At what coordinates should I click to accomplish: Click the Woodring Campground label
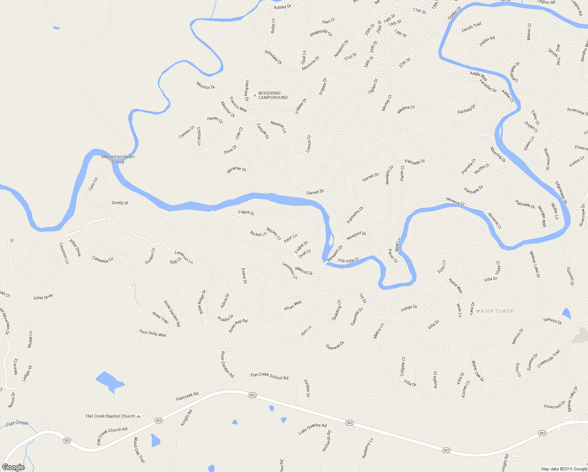pos(273,96)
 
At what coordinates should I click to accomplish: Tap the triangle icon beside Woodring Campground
pos(255,95)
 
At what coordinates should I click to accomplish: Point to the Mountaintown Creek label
pos(118,159)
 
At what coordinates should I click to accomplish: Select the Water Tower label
pos(494,311)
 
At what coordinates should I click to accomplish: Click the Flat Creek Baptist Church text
pos(110,416)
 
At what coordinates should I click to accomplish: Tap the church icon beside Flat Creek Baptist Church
pos(138,416)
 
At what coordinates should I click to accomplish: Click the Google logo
pos(13,467)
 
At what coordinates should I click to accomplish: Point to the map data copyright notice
pos(564,469)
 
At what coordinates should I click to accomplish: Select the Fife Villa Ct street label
pos(348,260)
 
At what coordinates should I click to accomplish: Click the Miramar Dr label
pos(237,170)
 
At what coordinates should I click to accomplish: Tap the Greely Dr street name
pos(120,203)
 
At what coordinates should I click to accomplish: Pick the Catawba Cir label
pos(103,259)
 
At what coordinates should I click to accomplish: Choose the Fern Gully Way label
pos(153,333)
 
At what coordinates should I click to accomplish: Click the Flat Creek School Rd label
pos(269,376)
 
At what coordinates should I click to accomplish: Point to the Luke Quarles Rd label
pos(312,428)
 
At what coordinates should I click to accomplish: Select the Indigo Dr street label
pos(409,308)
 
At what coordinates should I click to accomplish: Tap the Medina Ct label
pos(406,109)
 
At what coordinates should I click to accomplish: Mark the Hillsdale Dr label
pos(273,57)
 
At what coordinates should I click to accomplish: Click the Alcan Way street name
pos(293,305)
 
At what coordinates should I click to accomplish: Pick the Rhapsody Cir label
pos(321,33)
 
